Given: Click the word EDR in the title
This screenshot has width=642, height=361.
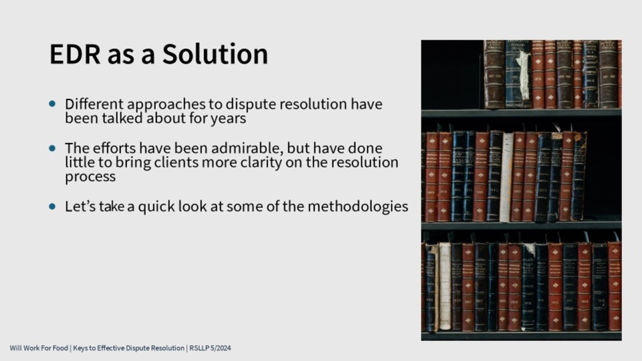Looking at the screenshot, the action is (x=75, y=53).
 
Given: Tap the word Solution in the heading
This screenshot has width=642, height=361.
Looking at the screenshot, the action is (x=215, y=53).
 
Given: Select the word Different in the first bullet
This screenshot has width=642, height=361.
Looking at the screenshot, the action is (x=88, y=104).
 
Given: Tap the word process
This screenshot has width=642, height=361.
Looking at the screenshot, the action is (x=90, y=177).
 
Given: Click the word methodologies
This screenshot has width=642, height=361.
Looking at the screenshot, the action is (x=357, y=207).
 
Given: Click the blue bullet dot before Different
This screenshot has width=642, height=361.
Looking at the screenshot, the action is (x=52, y=104).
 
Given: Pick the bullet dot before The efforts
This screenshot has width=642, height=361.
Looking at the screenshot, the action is (x=52, y=148).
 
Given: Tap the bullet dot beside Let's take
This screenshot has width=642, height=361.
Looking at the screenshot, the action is (x=52, y=207).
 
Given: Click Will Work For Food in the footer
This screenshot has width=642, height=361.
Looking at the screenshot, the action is (x=39, y=348).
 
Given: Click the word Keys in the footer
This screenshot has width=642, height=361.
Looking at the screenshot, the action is (x=80, y=348).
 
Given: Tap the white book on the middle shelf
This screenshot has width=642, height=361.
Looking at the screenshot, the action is (x=506, y=176).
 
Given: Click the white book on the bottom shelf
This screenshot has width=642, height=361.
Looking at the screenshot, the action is (x=445, y=286).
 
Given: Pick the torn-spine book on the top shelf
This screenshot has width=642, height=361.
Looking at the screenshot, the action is (x=518, y=74).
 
